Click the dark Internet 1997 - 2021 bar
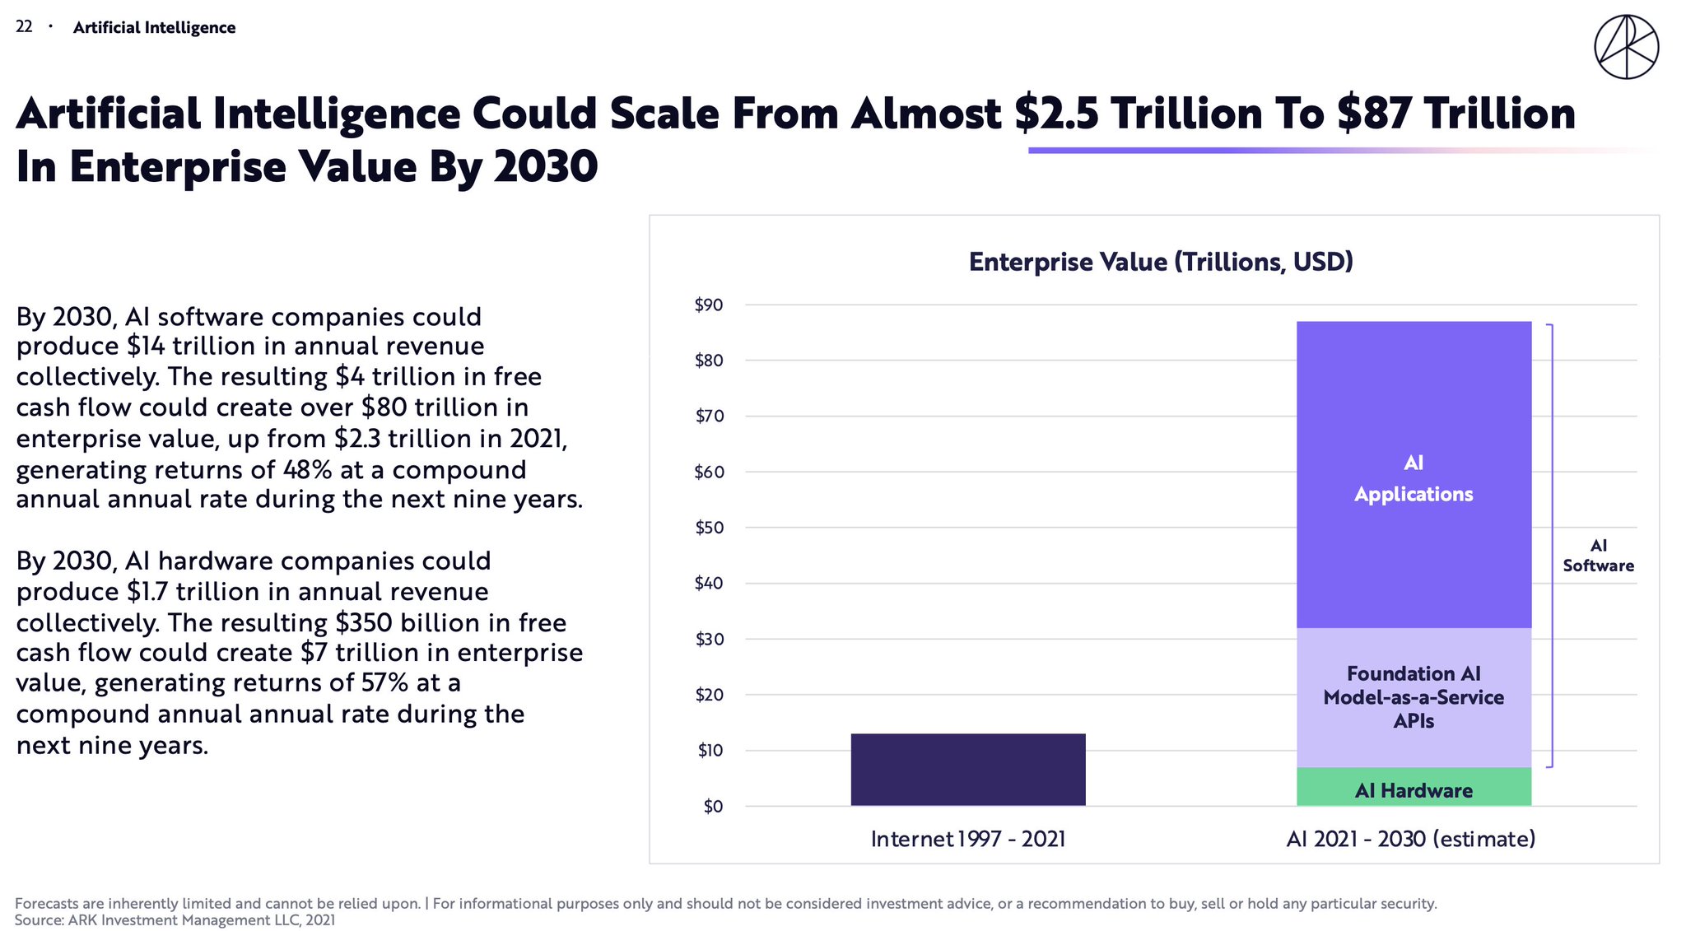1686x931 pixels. (967, 769)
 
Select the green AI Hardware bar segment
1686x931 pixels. (1414, 787)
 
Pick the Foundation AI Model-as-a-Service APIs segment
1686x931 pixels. (1414, 697)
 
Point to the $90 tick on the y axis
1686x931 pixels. (709, 305)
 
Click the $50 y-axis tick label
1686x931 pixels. (709, 528)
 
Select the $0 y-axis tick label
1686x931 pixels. (713, 807)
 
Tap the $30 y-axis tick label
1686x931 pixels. (709, 640)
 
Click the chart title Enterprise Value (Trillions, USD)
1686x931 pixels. (1161, 262)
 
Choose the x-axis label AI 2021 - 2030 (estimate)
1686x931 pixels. (1410, 839)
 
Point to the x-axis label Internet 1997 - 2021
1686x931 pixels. (968, 839)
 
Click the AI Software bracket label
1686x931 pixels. (1598, 556)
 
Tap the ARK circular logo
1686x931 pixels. (1626, 47)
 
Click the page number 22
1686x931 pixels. (24, 27)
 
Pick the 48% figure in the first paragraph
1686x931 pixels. (307, 470)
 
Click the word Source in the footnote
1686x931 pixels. (39, 920)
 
